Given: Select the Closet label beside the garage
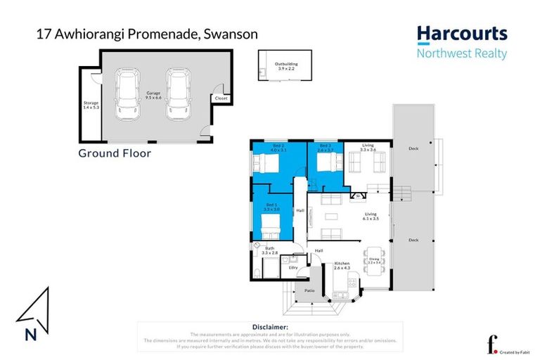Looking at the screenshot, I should (221, 98).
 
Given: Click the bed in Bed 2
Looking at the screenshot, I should (267, 164).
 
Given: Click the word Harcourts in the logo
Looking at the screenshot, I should (461, 34).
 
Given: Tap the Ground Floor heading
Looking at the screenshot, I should (115, 153).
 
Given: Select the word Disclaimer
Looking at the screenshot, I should (269, 327).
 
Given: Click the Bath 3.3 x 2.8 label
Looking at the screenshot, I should (269, 250).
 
